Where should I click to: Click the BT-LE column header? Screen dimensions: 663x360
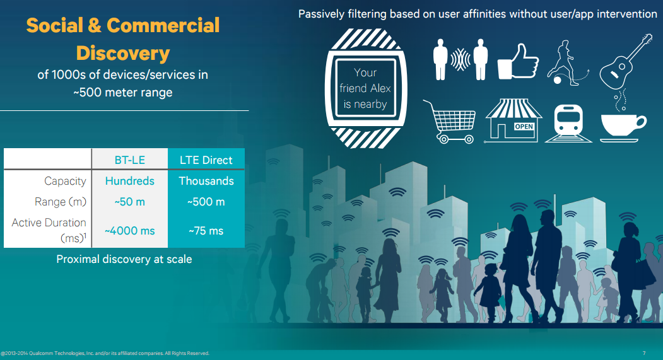coord(130,160)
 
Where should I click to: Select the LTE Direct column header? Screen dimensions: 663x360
coord(206,160)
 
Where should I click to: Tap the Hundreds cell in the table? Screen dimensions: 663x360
coord(130,181)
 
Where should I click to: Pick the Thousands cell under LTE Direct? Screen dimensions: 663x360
coord(206,181)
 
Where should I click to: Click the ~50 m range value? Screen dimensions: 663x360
coord(130,202)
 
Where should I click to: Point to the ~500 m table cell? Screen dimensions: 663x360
coord(206,202)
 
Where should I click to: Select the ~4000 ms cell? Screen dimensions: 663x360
coord(130,231)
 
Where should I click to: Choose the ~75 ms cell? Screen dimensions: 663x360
coord(206,231)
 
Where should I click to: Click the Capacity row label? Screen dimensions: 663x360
coord(65,182)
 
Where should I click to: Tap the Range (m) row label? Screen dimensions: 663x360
coord(61,202)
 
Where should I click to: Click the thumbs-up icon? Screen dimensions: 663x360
coord(518,61)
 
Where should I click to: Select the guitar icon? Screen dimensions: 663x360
coord(626,62)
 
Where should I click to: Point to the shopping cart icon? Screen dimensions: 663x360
coord(449,122)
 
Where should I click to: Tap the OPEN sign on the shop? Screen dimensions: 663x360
coord(524,126)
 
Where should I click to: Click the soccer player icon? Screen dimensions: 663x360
coord(566,63)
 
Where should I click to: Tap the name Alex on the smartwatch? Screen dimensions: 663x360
coord(381,88)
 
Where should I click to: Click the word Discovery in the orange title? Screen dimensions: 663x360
coord(123,54)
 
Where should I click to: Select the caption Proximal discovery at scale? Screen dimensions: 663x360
coord(124,259)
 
